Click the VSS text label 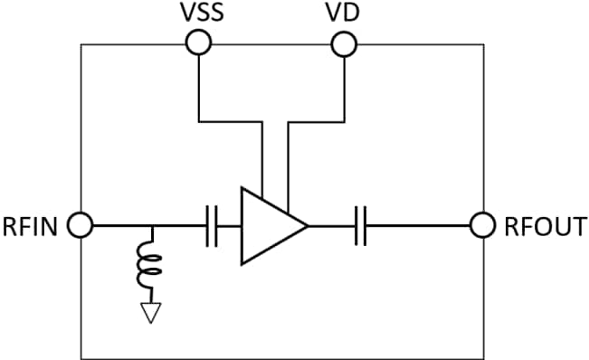(x=197, y=13)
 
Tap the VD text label (x=344, y=13)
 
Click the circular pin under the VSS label (x=197, y=43)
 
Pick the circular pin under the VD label (x=344, y=43)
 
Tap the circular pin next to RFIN (x=81, y=226)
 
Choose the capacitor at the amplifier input (x=214, y=226)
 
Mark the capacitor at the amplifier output (x=360, y=226)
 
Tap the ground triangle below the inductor (x=151, y=312)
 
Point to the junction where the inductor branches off (x=151, y=226)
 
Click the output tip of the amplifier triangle (x=308, y=226)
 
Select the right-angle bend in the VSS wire (x=197, y=120)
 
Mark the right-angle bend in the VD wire (x=344, y=120)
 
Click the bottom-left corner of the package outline (x=81, y=359)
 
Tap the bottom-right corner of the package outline (x=483, y=359)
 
